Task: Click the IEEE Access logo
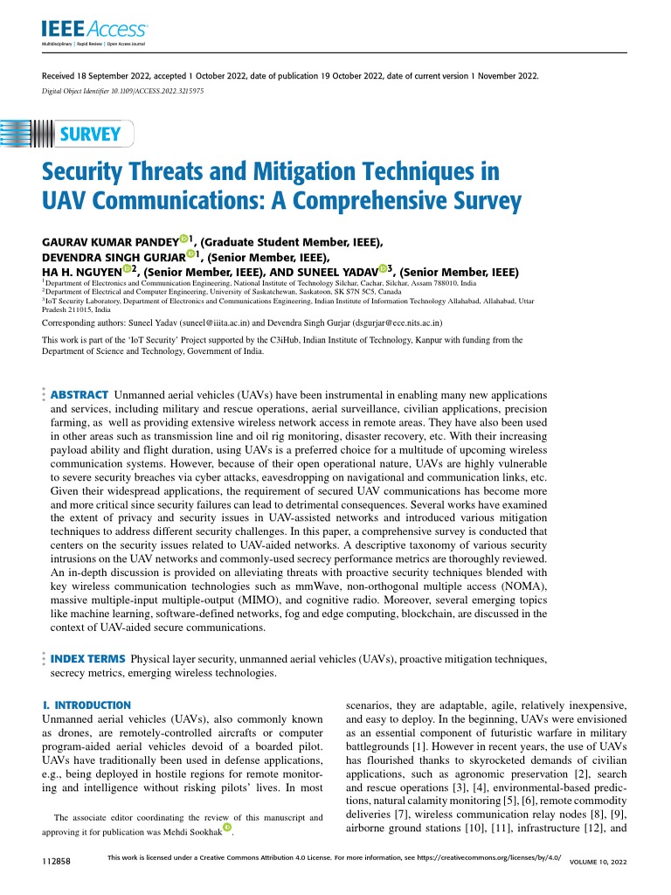(84, 31)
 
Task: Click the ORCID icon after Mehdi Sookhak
(229, 827)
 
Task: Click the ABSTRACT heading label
(80, 395)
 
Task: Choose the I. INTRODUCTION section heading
(87, 704)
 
